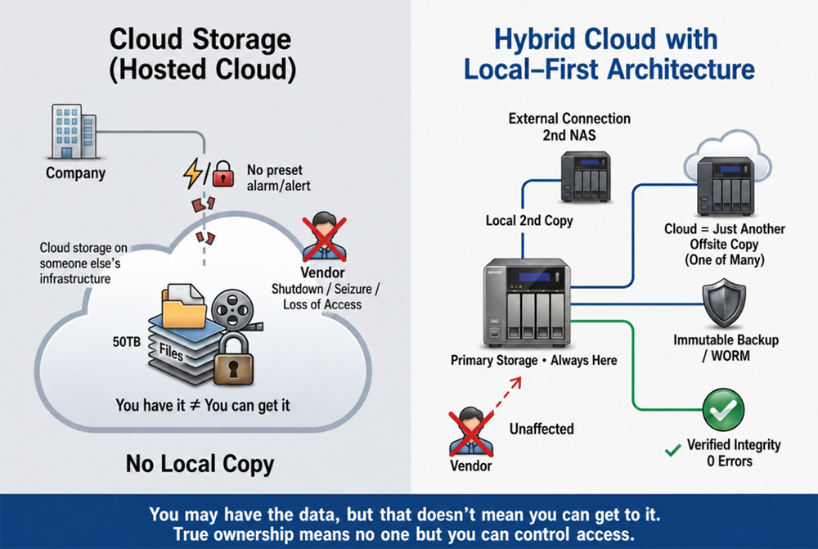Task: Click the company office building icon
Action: pos(74,131)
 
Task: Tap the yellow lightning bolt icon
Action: pos(193,173)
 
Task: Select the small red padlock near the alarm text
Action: pos(222,173)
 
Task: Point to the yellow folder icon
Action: pos(183,306)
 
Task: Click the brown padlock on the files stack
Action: pos(234,360)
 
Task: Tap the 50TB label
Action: pos(127,342)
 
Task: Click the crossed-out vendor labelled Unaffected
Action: pos(471,432)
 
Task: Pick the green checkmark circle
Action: pos(723,410)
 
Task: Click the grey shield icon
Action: pos(724,303)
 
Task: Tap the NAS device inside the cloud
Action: pos(726,186)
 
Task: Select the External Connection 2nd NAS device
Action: pos(586,177)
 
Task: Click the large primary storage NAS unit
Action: pos(527,303)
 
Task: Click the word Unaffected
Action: pos(542,429)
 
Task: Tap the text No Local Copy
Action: pos(200,464)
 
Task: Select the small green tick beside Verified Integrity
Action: pos(673,449)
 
